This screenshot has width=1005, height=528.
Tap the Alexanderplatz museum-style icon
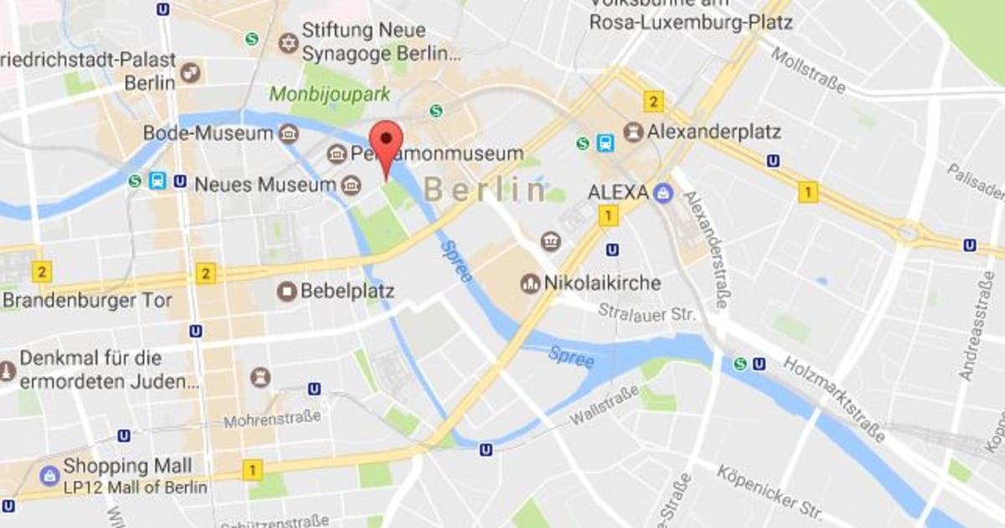pyautogui.click(x=633, y=132)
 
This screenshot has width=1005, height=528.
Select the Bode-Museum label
pyautogui.click(x=208, y=133)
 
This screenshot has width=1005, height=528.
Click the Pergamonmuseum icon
pyautogui.click(x=337, y=154)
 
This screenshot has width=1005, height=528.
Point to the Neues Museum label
pyautogui.click(x=265, y=184)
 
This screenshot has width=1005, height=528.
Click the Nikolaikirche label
pyautogui.click(x=602, y=283)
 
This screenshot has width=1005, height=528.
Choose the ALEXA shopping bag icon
pyautogui.click(x=663, y=193)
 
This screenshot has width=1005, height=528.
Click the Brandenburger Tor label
pyautogui.click(x=87, y=300)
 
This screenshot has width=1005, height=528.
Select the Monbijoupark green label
pyautogui.click(x=329, y=94)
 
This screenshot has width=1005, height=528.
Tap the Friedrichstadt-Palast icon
pyautogui.click(x=191, y=72)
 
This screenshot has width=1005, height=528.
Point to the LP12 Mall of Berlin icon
pyautogui.click(x=49, y=476)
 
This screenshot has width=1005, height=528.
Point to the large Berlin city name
pyautogui.click(x=485, y=190)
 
